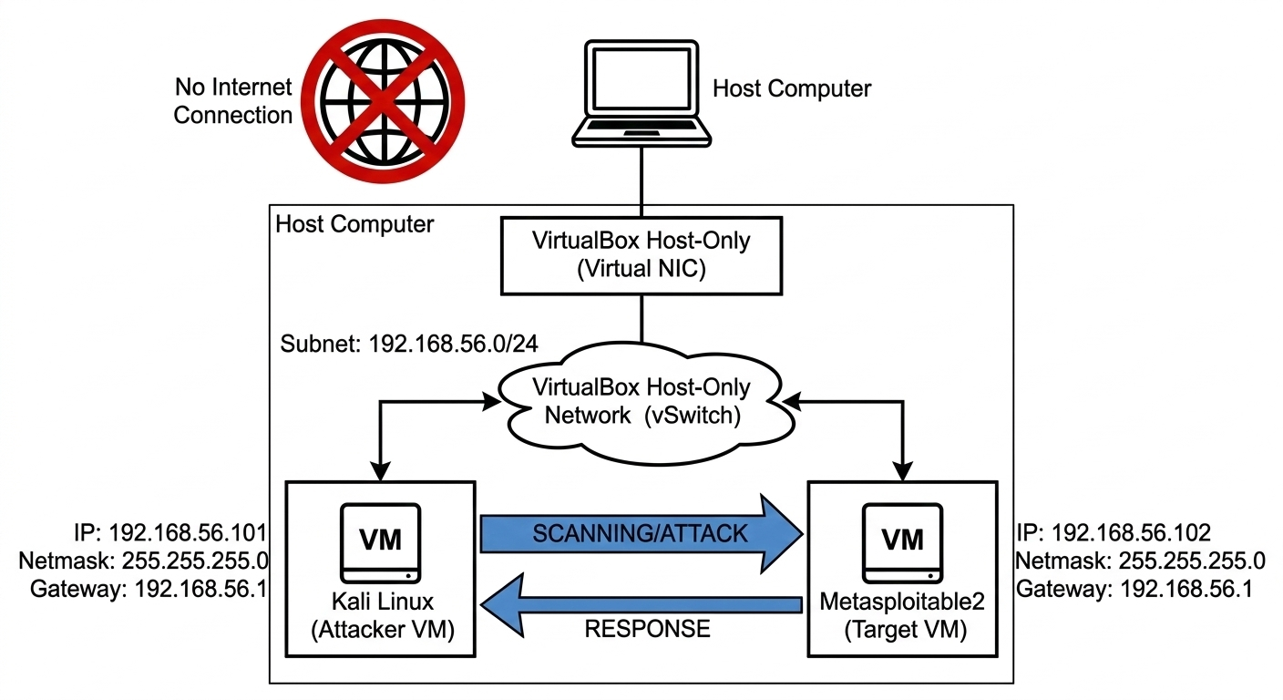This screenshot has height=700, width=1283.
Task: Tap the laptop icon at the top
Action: point(641,91)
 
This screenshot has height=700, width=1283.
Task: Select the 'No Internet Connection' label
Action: point(232,101)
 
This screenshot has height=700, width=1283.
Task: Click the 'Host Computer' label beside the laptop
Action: point(791,88)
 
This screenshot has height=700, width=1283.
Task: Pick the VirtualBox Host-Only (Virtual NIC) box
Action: point(641,257)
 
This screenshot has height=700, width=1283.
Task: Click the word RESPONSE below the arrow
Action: point(647,629)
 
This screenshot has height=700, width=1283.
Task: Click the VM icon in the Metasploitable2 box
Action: point(903,542)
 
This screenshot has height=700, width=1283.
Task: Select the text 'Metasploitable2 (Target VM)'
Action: point(903,618)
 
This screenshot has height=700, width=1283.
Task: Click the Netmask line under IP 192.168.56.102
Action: point(1140,561)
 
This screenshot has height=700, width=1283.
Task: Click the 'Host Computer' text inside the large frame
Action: point(354,224)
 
